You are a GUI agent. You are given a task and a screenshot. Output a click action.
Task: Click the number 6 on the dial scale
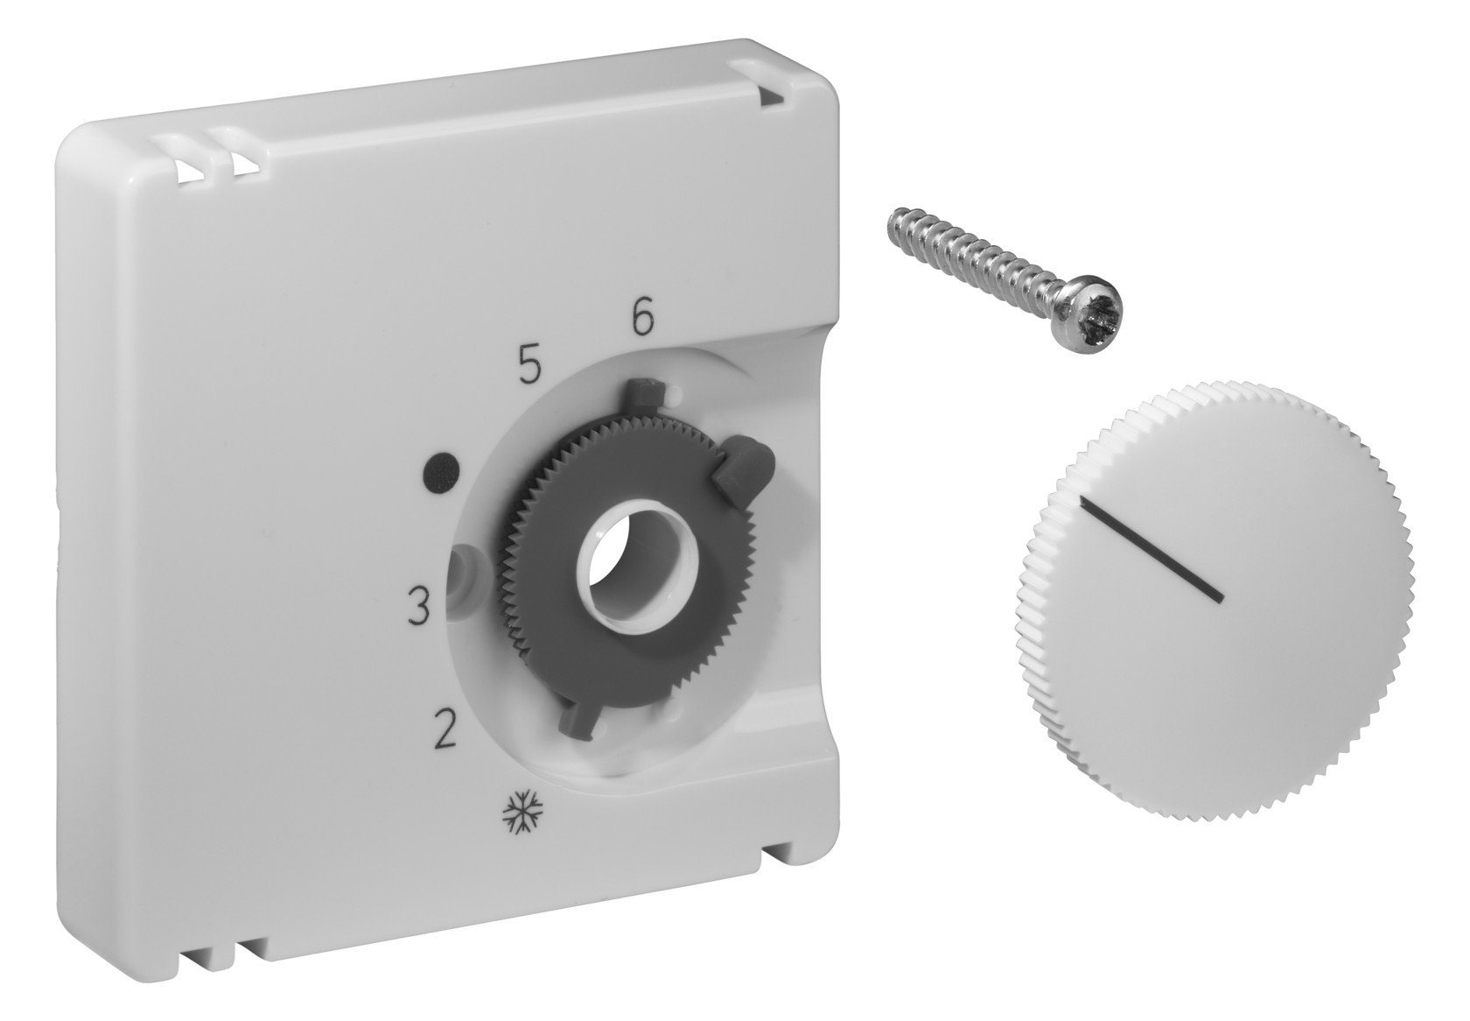pyautogui.click(x=642, y=319)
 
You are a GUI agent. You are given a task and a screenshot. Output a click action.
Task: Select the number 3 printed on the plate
pyautogui.click(x=418, y=608)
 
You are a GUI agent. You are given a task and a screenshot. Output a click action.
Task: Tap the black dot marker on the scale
pyautogui.click(x=442, y=468)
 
